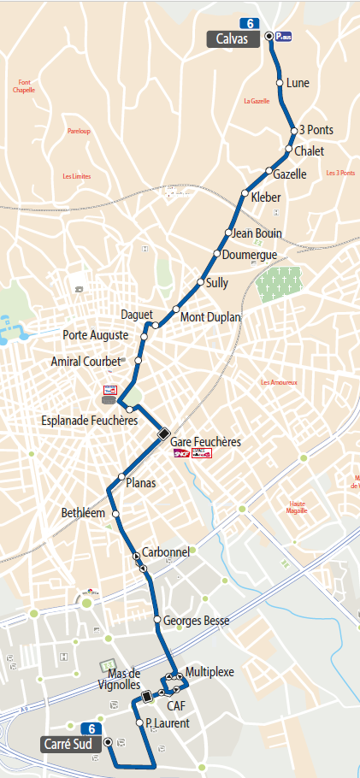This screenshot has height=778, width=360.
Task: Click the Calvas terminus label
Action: (233, 38)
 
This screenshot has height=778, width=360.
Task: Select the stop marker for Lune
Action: (279, 82)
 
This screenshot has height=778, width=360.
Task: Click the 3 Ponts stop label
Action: (316, 130)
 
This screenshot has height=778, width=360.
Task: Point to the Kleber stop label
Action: (266, 197)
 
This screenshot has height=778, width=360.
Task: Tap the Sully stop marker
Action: (200, 282)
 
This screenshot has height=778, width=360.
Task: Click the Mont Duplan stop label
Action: (210, 316)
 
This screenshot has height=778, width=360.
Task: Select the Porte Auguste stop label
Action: (96, 334)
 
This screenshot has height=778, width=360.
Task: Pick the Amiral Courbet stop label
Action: (86, 362)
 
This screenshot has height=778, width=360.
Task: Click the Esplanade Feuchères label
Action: (90, 421)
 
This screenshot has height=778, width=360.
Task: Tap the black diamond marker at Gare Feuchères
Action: (163, 433)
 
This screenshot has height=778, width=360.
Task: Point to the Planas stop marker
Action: (121, 477)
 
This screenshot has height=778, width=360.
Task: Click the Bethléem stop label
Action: (83, 513)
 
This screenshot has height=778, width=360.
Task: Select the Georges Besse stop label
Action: (196, 621)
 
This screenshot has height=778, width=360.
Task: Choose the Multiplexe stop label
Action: (209, 672)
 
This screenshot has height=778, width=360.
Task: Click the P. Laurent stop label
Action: (168, 723)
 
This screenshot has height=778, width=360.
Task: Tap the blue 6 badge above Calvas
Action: (248, 22)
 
